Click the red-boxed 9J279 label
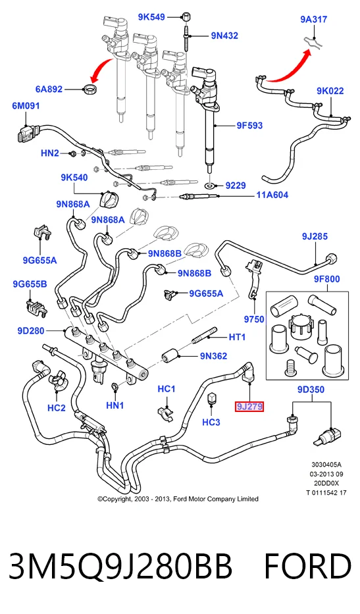pos(249,407)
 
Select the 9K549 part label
pos(151,17)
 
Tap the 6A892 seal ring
pos(91,88)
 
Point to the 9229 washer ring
pos(211,185)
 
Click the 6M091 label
pos(26,106)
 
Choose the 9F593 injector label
pos(249,126)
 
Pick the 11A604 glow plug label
pos(272,195)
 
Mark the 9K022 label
pos(330,91)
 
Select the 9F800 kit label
pos(326,279)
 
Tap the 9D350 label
pos(311,390)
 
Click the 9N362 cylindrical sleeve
pos(170,356)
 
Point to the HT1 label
pos(237,337)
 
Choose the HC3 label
pos(211,422)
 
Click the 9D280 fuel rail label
pos(31,331)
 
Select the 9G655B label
pos(30,284)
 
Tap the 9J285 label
pos(315,236)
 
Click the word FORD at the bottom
pos(307,566)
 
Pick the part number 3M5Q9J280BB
pos(120,566)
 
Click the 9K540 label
pos(74,178)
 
